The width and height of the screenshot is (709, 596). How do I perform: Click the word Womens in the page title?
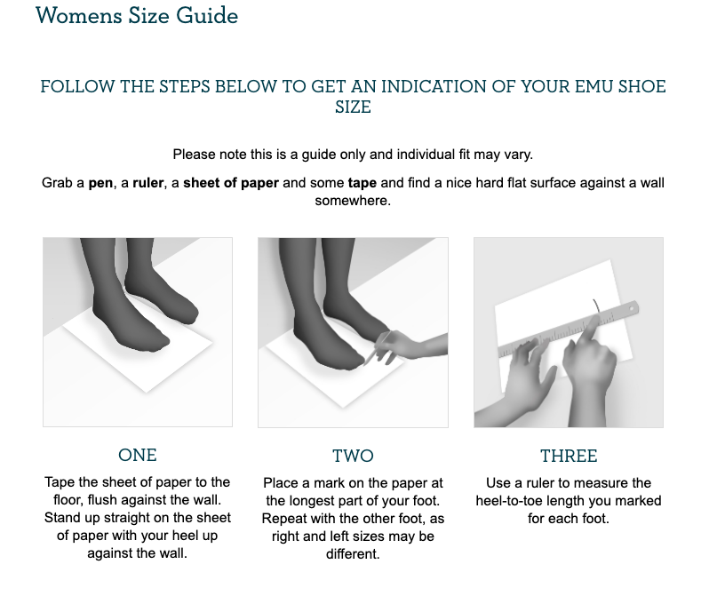pyautogui.click(x=79, y=15)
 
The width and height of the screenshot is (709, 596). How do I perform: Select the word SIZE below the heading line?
pyautogui.click(x=353, y=107)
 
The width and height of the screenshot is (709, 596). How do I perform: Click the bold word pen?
pyautogui.click(x=100, y=183)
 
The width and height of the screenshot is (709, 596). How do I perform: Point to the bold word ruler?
pyautogui.click(x=147, y=183)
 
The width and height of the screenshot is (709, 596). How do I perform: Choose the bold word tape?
pyautogui.click(x=362, y=183)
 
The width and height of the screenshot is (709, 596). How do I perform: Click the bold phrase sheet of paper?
pyautogui.click(x=231, y=183)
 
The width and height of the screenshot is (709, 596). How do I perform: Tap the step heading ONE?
pyautogui.click(x=138, y=455)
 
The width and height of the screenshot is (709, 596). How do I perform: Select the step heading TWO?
pyautogui.click(x=353, y=456)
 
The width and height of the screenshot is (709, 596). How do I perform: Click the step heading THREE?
pyautogui.click(x=569, y=456)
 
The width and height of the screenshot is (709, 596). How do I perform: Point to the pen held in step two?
pyautogui.click(x=377, y=346)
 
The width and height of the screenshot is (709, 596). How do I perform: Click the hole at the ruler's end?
pyautogui.click(x=632, y=309)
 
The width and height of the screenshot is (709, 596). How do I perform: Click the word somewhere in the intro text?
pyautogui.click(x=353, y=201)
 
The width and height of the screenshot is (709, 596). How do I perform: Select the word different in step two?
pyautogui.click(x=353, y=554)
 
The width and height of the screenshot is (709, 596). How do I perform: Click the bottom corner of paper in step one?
pyautogui.click(x=146, y=393)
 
